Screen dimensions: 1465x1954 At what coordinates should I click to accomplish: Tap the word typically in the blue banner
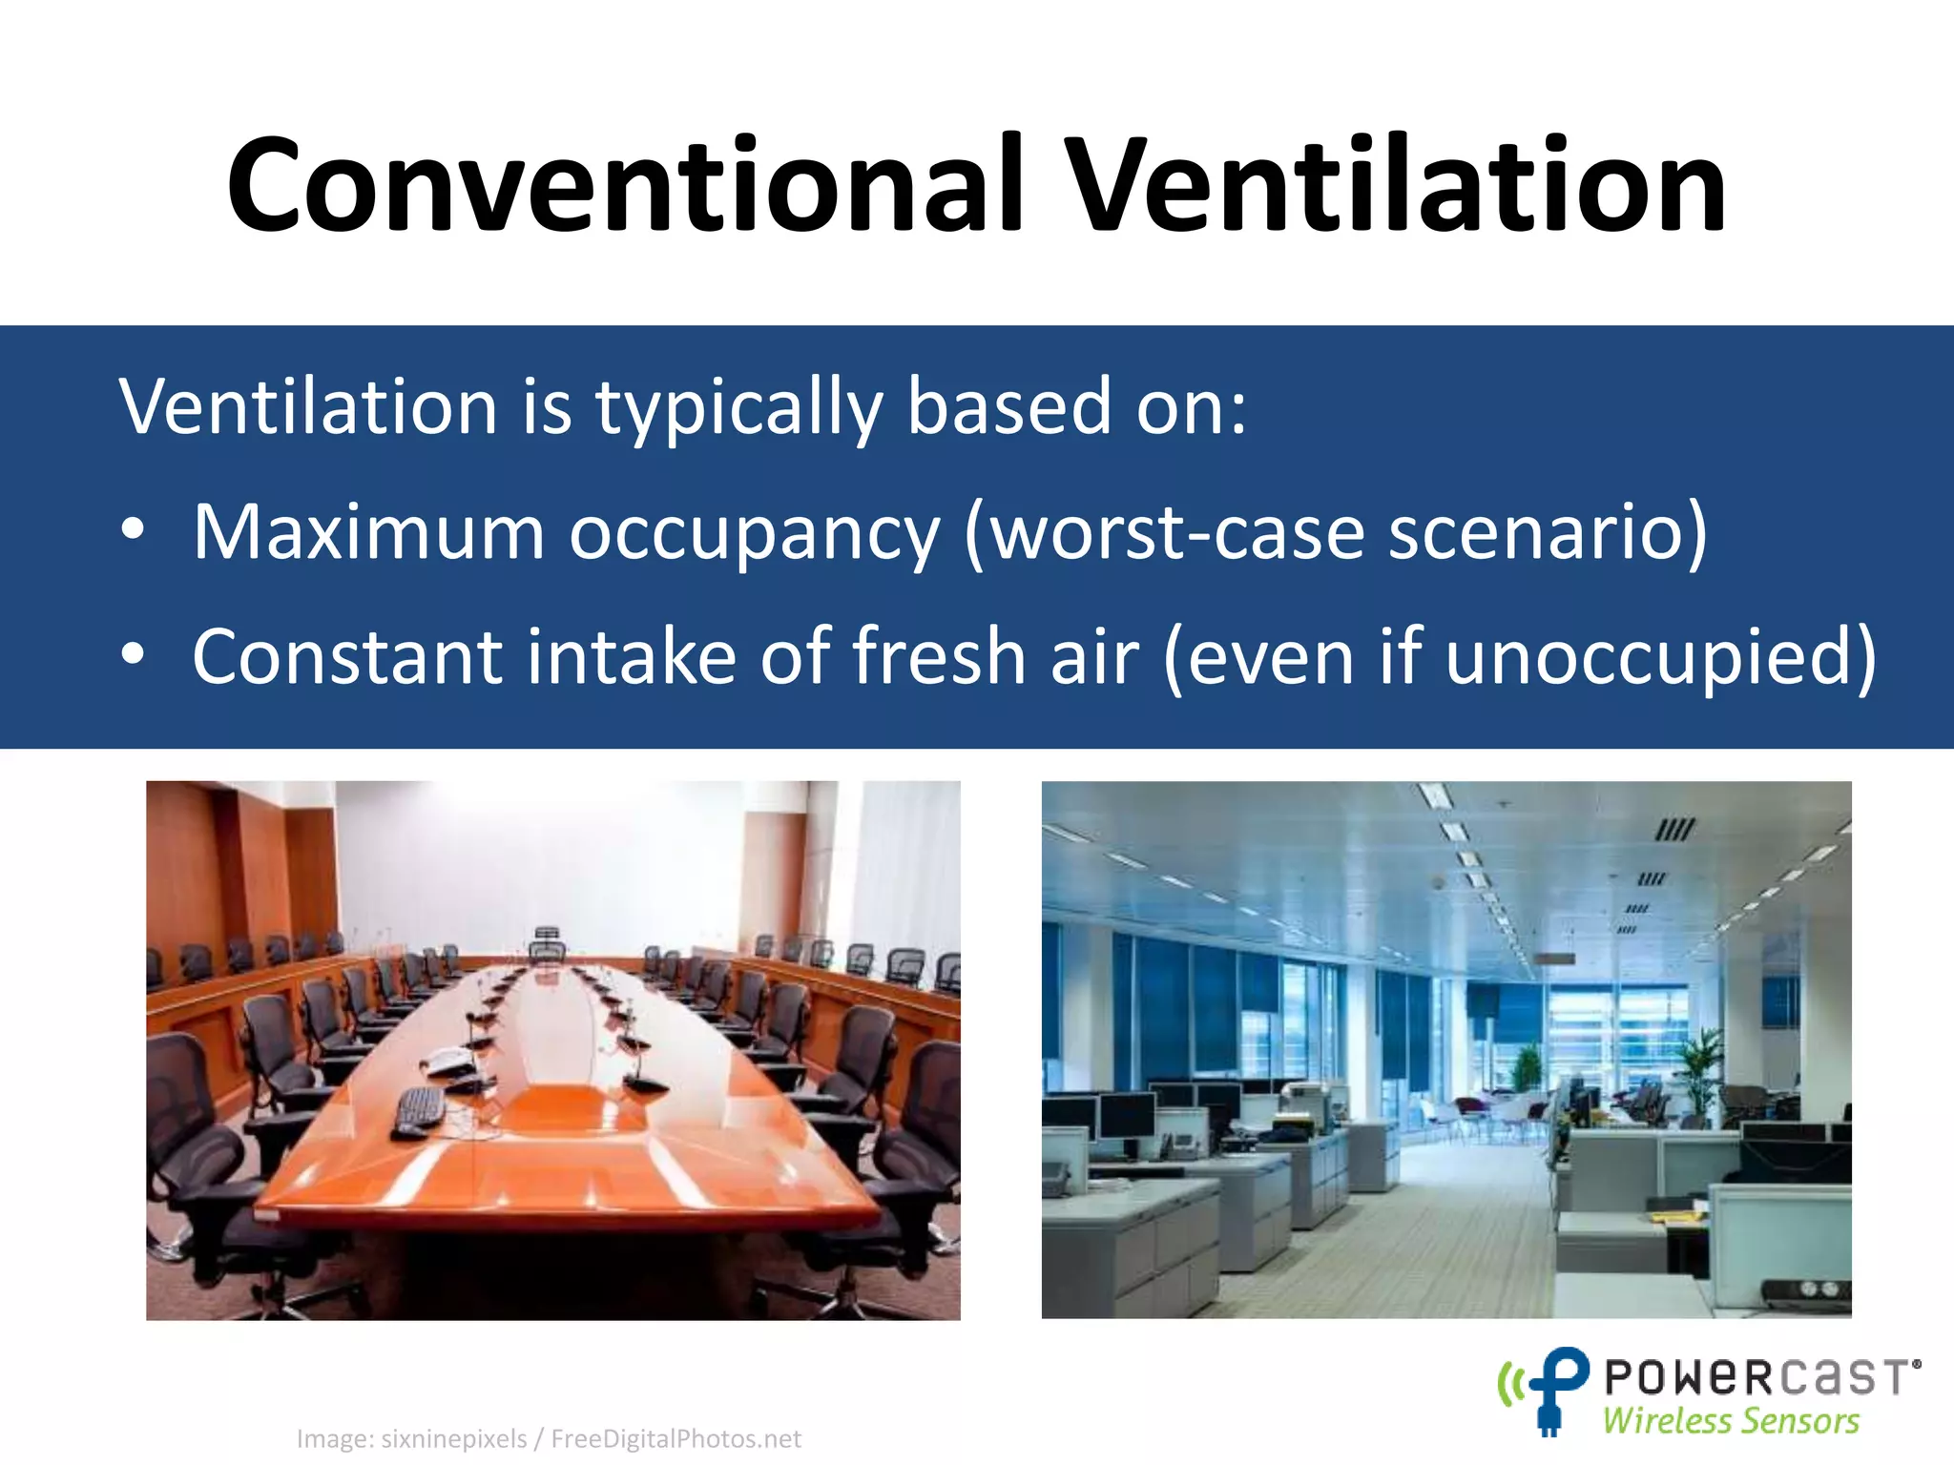[738, 407]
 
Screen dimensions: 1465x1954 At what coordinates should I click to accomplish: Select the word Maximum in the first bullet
[368, 531]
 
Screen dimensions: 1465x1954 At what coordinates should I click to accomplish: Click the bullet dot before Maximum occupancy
[133, 529]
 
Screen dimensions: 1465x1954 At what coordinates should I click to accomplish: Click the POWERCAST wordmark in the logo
[1761, 1377]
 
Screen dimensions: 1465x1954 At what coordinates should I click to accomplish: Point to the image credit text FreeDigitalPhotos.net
[676, 1438]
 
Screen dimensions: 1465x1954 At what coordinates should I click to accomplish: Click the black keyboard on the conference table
[419, 1110]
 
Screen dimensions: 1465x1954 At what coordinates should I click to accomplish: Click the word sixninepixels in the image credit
[454, 1438]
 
